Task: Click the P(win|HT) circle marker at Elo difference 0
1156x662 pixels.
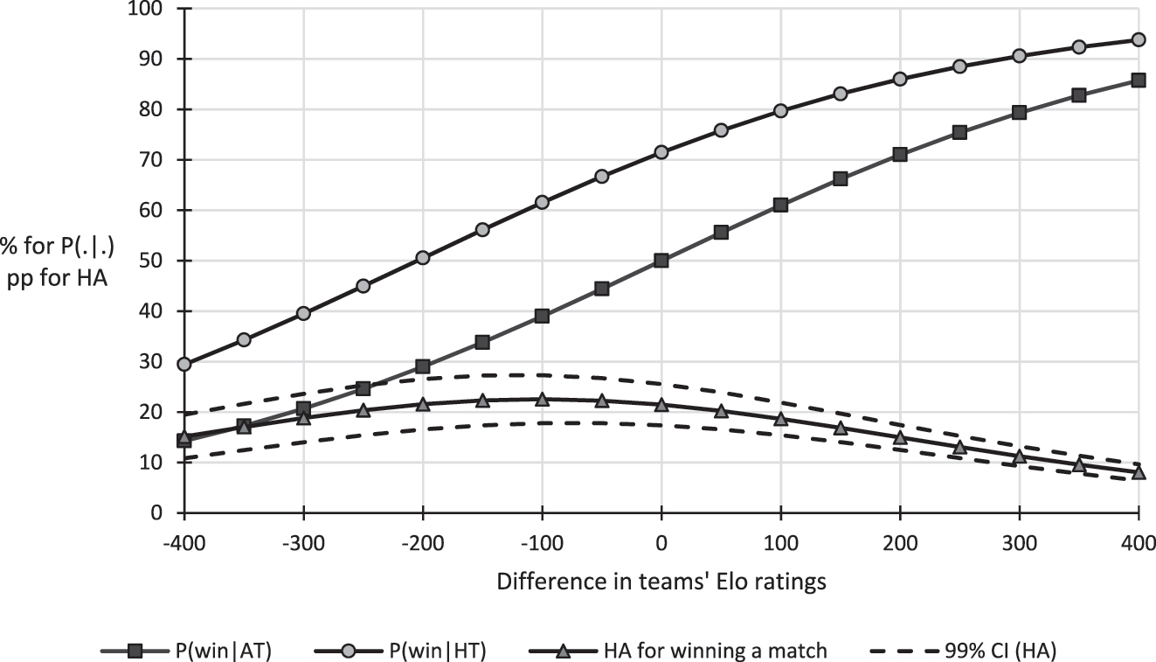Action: pyautogui.click(x=661, y=152)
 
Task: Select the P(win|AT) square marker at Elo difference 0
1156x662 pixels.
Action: pyautogui.click(x=661, y=261)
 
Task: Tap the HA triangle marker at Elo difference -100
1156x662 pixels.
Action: pyautogui.click(x=542, y=399)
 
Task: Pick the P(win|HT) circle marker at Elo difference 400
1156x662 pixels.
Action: pyautogui.click(x=1139, y=39)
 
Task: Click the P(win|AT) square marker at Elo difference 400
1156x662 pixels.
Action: pyautogui.click(x=1139, y=80)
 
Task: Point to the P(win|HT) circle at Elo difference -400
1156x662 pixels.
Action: pyautogui.click(x=184, y=364)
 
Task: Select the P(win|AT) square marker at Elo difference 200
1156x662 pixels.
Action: pyautogui.click(x=900, y=155)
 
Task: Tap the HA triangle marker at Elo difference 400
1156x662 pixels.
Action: pyautogui.click(x=1139, y=472)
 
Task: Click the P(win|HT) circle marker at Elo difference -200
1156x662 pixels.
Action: pyautogui.click(x=423, y=258)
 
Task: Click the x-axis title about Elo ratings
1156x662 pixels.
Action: pyautogui.click(x=661, y=582)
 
